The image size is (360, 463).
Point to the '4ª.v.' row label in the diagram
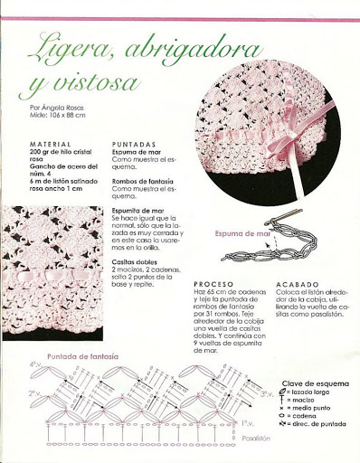(33, 364)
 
